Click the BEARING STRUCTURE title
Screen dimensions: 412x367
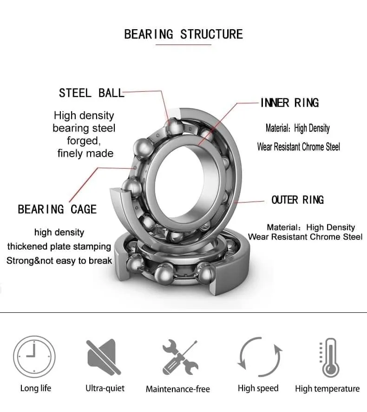[183, 34]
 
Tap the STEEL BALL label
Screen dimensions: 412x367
[91, 93]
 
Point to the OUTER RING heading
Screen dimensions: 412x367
[297, 200]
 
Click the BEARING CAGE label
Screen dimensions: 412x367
[57, 209]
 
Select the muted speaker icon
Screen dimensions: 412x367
[104, 357]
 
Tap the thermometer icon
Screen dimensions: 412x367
[329, 357]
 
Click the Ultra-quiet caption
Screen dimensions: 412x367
[105, 388]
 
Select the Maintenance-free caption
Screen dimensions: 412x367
[178, 389]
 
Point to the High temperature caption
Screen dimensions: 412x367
[327, 389]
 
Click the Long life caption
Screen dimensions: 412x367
[36, 388]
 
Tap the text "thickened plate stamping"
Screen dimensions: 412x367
[59, 247]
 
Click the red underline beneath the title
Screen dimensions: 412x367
[183, 45]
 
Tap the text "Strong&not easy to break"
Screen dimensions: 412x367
[59, 261]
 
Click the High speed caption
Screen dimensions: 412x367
[258, 388]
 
